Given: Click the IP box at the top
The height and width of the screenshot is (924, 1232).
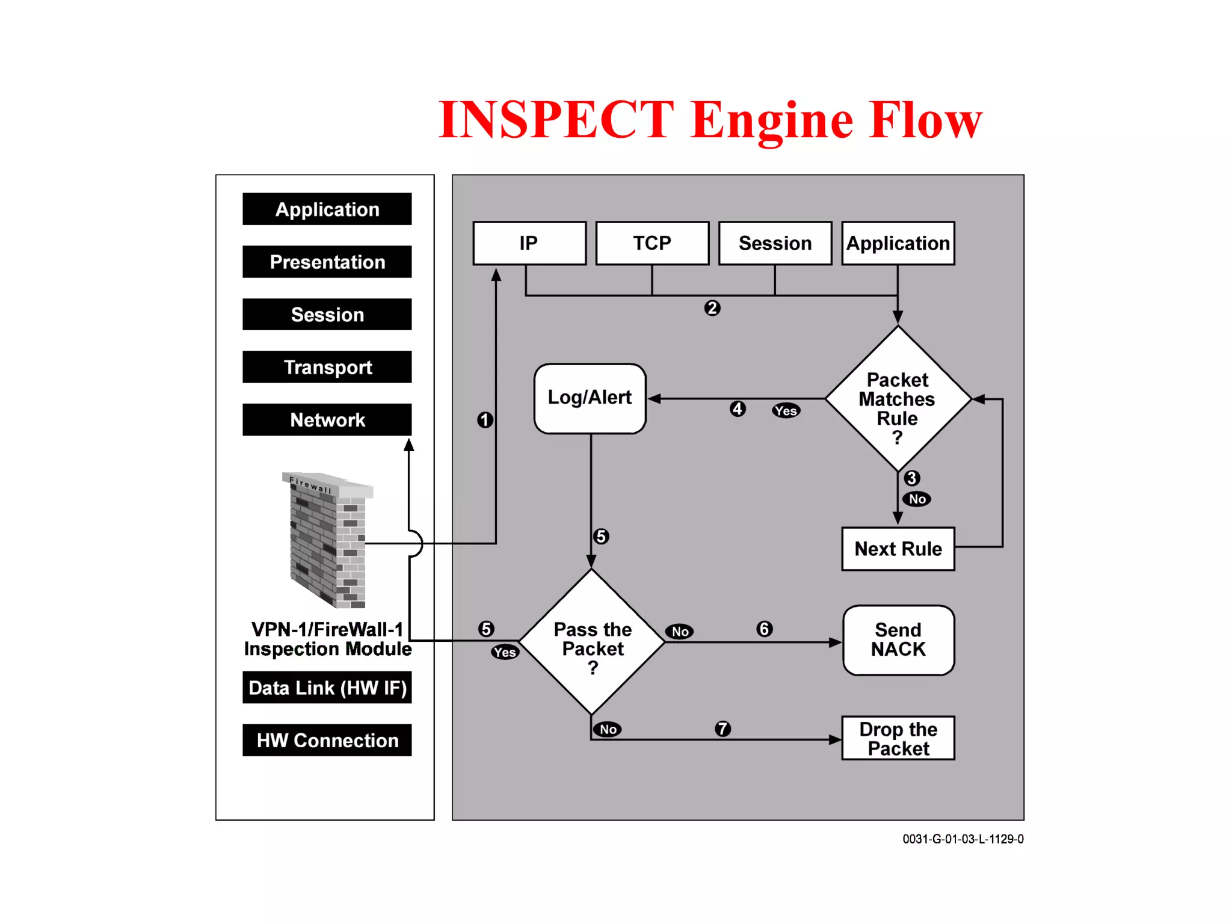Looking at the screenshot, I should pos(529,243).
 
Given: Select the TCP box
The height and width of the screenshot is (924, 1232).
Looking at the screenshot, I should pos(652,243).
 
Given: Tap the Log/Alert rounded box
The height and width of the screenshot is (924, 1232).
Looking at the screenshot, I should pos(590,398).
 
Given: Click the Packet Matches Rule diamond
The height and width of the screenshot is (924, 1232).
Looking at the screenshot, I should pos(898,399).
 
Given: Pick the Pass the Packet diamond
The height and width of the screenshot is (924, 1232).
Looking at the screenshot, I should pos(592,642).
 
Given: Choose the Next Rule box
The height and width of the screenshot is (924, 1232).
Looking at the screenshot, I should pos(898,549).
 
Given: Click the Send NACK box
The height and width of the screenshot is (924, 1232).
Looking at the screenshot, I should pos(898,640).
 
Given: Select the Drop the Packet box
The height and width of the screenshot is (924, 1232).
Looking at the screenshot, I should pos(898,738).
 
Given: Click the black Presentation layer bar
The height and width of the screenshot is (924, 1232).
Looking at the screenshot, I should pos(327,262).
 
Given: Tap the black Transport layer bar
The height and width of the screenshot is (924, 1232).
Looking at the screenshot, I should pos(327,367).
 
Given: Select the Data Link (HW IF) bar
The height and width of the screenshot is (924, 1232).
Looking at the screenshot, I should pos(327,688).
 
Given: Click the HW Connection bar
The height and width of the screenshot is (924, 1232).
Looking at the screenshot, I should pos(327,740).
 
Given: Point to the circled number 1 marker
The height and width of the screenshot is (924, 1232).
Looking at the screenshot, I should pos(485,420).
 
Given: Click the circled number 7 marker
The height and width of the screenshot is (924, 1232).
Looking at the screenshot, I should pos(722,728).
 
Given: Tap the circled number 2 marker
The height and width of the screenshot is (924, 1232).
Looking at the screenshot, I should pos(712,308).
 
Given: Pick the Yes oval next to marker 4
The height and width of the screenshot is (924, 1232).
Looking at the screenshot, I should pos(786,411).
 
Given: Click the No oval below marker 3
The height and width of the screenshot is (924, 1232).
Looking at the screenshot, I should pos(917,499).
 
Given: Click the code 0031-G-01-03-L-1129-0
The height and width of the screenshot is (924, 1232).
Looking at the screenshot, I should pos(962,839).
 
